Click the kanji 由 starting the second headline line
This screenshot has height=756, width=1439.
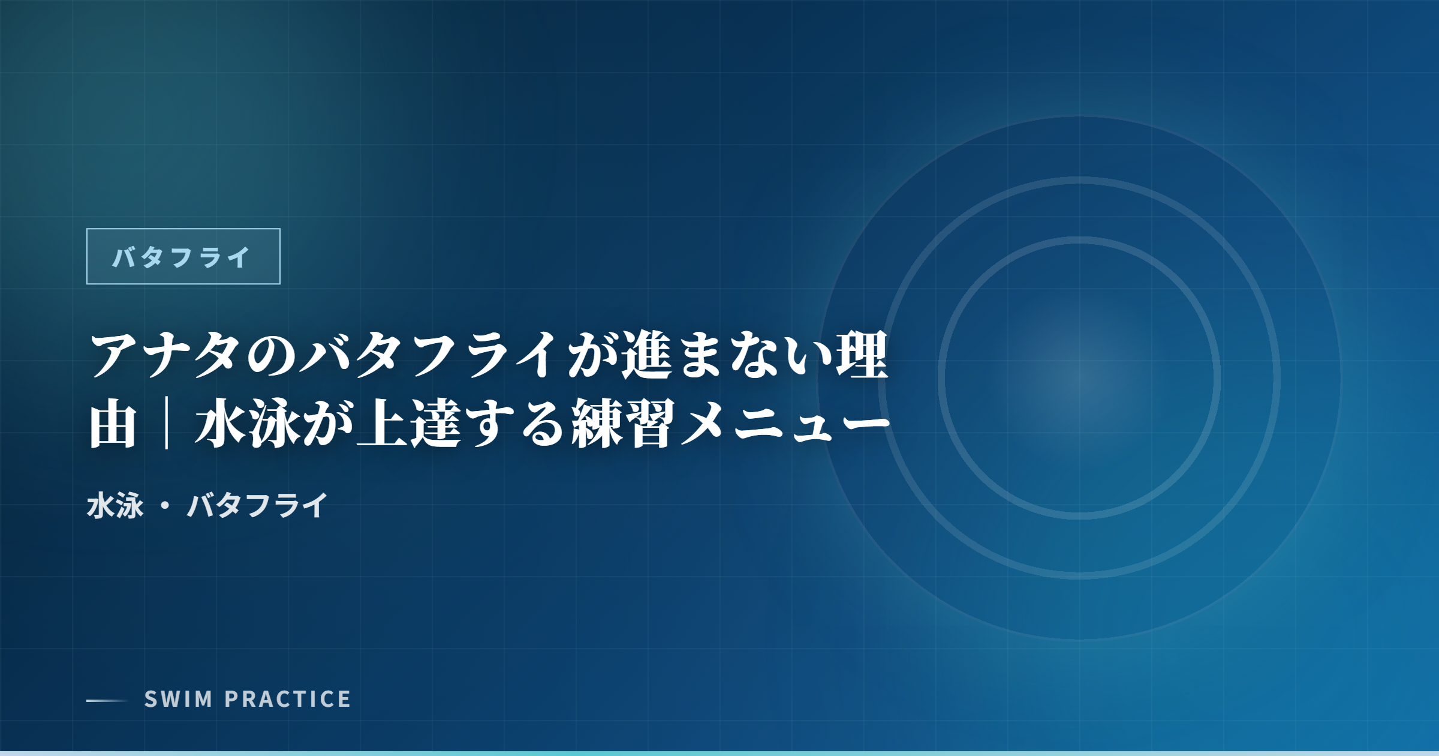(x=113, y=425)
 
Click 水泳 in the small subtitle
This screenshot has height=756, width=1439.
(x=115, y=505)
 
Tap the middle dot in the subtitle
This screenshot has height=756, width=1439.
(x=165, y=506)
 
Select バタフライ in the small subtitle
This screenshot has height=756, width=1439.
(x=258, y=505)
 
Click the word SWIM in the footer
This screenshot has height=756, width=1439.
(x=179, y=699)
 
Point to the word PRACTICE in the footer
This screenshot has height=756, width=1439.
(x=288, y=699)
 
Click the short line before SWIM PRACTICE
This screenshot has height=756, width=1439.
(x=107, y=700)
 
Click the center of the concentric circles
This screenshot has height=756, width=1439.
(x=1079, y=378)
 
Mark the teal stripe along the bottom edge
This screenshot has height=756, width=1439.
(x=719, y=754)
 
